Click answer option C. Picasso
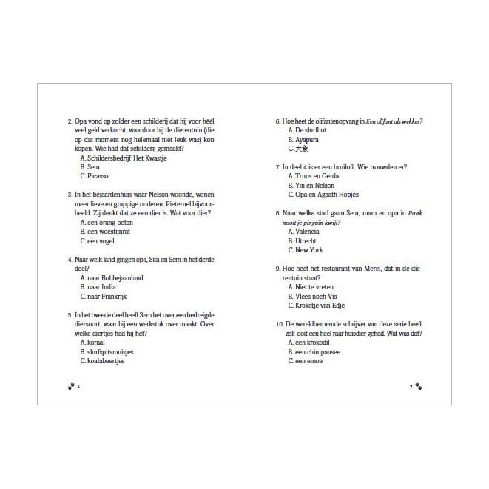(x=94, y=176)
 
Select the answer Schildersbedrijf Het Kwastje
(x=123, y=158)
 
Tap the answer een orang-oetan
(x=108, y=223)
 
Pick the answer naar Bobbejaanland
(x=112, y=278)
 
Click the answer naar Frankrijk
(x=108, y=297)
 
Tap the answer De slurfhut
(x=306, y=130)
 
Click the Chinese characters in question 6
(x=302, y=149)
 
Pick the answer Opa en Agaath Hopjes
(x=323, y=195)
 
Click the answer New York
(x=306, y=250)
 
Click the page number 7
(x=411, y=386)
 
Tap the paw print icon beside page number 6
(x=70, y=386)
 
